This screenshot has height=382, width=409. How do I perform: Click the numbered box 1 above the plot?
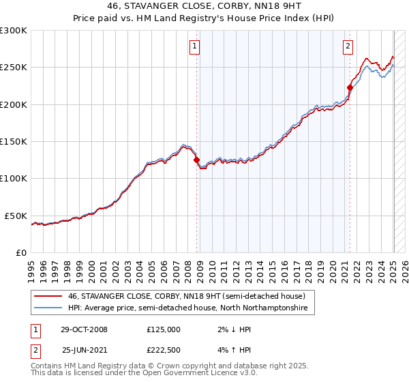click(195, 46)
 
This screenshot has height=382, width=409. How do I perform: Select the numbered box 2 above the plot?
click(348, 46)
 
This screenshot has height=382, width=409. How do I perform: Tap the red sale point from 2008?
click(197, 160)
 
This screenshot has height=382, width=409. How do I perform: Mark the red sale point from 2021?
click(350, 88)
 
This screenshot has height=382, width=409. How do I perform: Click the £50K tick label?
click(16, 216)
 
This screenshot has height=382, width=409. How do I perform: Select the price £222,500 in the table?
click(163, 350)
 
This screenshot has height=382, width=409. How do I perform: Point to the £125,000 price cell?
click(163, 329)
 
